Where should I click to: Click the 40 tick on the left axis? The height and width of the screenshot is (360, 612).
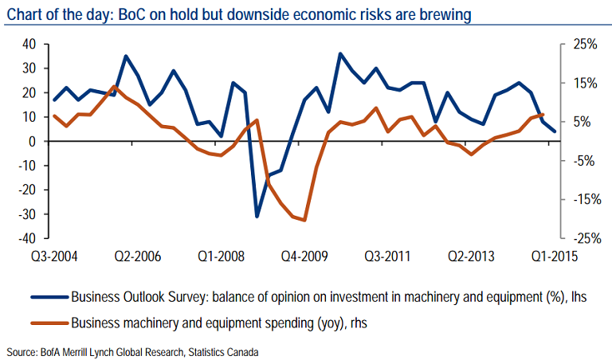(29, 44)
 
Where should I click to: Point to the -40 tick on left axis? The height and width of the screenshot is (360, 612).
(27, 238)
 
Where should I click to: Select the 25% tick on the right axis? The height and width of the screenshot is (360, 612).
(586, 44)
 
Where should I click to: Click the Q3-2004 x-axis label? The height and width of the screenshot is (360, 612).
(53, 256)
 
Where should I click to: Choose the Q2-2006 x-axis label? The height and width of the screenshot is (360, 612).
(137, 256)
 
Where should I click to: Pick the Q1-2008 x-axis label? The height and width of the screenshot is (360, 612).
(221, 256)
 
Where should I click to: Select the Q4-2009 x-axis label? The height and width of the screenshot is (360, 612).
(304, 256)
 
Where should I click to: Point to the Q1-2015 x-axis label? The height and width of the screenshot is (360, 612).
(555, 256)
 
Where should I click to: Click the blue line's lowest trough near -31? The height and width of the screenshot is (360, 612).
(257, 216)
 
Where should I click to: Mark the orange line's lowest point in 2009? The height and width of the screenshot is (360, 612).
(304, 220)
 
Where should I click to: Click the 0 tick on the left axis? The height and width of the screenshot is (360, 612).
(33, 141)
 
